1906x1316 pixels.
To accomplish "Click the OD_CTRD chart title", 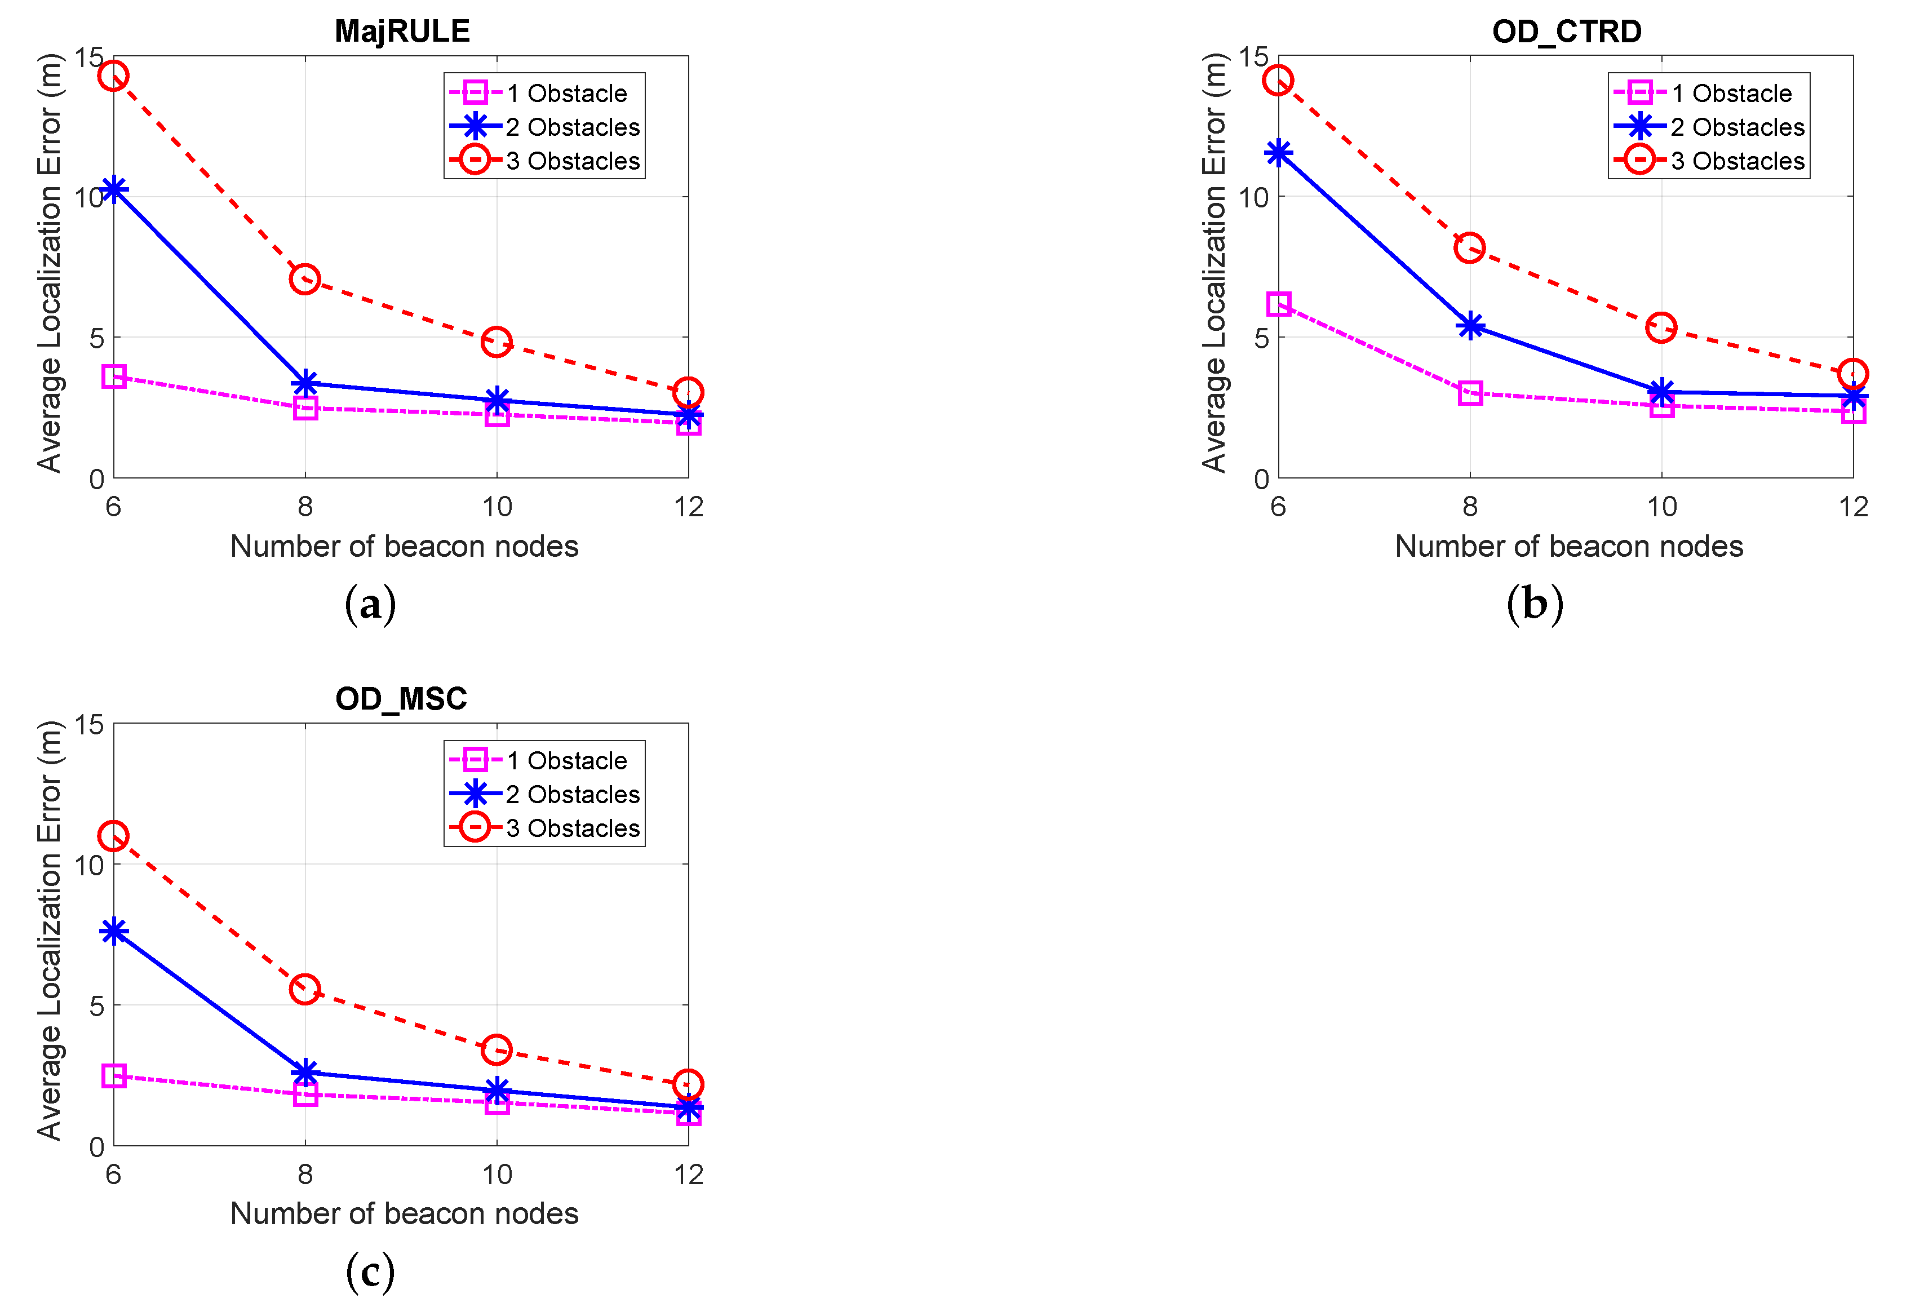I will [x=1566, y=32].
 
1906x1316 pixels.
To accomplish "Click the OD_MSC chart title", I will [x=401, y=698].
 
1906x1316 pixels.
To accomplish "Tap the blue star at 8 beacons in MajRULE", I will [x=305, y=383].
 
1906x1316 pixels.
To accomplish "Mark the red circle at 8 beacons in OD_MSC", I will [x=305, y=989].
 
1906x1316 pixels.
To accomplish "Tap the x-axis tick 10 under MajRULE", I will [x=497, y=506].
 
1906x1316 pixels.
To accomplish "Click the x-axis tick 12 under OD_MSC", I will [x=688, y=1173].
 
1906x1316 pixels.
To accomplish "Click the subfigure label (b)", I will [x=1534, y=604].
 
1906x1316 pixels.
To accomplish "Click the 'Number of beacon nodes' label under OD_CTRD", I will [x=1568, y=546].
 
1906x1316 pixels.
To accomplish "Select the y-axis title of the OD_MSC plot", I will [x=50, y=929].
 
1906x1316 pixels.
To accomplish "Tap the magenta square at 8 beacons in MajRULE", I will [x=305, y=408].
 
